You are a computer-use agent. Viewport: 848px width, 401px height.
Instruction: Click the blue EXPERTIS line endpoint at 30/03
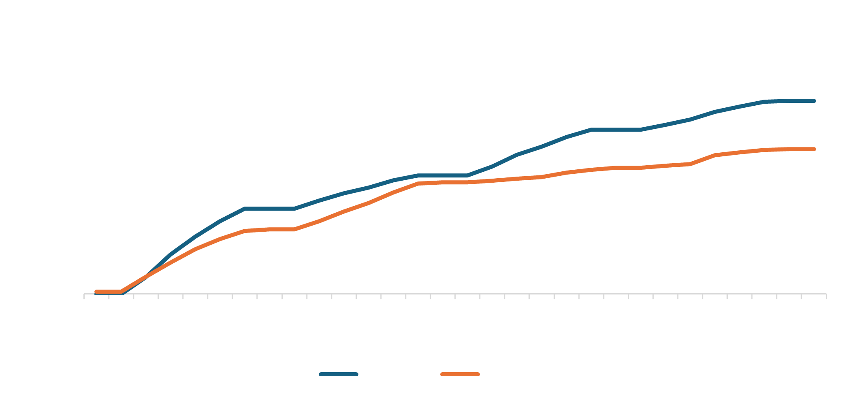coord(814,101)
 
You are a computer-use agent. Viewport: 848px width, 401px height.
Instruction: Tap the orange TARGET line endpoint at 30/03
coord(814,149)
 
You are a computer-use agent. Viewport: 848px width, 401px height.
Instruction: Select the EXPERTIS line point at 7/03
coord(245,209)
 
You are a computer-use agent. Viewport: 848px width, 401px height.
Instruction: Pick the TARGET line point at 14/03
coord(418,183)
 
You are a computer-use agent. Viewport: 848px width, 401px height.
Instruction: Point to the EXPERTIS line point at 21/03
coord(591,130)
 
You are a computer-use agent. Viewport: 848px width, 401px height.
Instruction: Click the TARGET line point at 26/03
coord(715,155)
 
